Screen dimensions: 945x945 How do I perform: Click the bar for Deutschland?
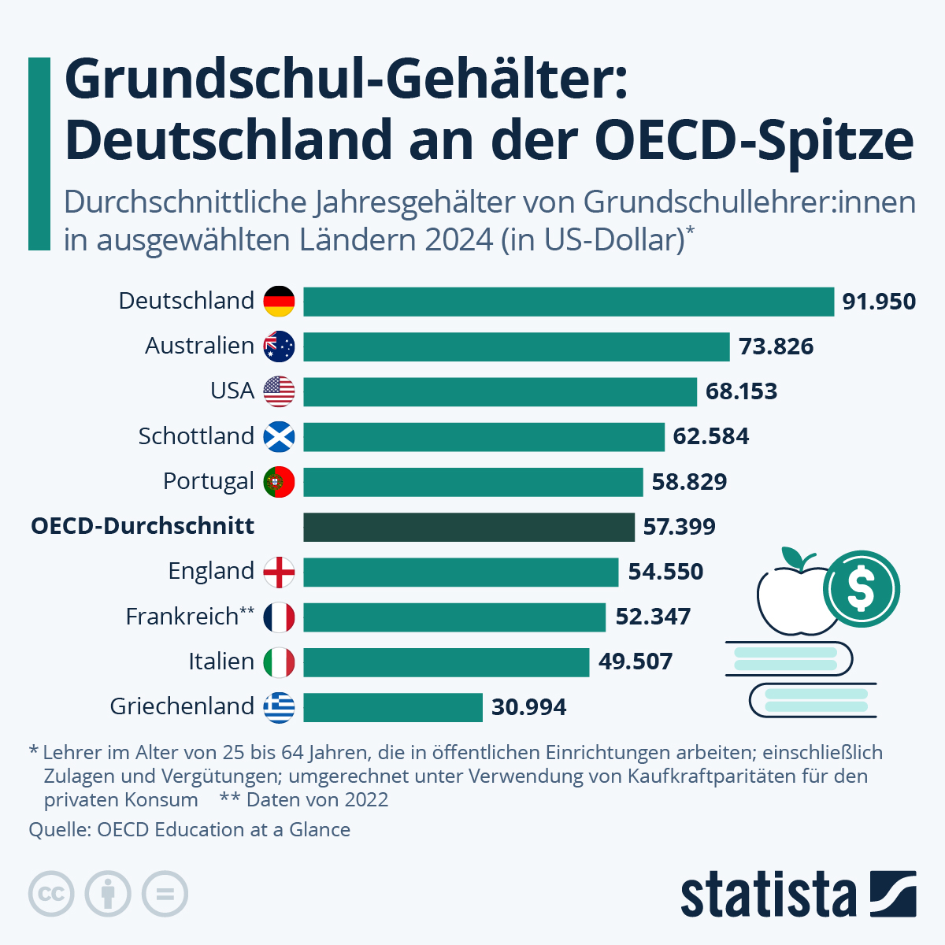point(568,302)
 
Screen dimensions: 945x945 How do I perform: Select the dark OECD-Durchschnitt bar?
point(469,527)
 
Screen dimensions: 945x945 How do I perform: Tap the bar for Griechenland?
point(392,707)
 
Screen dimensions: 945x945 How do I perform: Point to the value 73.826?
point(776,346)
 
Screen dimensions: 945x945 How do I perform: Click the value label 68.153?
point(741,391)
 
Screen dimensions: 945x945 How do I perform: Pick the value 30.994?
point(528,707)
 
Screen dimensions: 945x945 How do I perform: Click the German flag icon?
point(279,302)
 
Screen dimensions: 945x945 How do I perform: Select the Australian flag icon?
point(279,346)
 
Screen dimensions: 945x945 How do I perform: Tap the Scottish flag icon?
point(279,437)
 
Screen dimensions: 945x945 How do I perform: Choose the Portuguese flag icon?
point(279,482)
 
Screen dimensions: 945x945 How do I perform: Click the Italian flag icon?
point(279,662)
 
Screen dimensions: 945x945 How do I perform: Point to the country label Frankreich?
point(182,617)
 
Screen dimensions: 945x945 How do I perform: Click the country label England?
point(211,572)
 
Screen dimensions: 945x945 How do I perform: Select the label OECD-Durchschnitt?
point(143,526)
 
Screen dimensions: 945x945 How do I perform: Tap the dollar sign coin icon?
point(861,588)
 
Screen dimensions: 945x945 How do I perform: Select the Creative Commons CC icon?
point(51,894)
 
